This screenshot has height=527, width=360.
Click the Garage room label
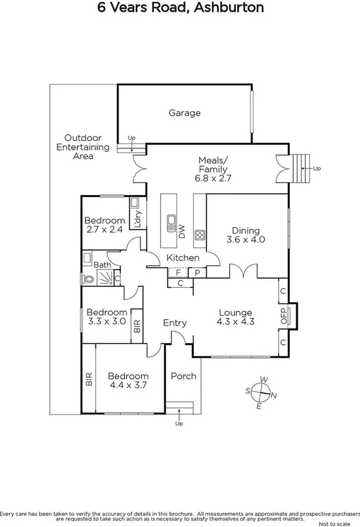click(185, 113)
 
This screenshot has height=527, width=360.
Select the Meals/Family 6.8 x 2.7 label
click(213, 169)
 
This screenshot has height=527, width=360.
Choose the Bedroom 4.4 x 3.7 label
click(128, 381)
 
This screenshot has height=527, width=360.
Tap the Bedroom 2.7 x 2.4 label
click(104, 225)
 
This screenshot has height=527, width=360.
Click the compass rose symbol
click(261, 390)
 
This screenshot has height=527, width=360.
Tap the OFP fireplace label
click(283, 316)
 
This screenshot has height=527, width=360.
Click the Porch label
click(184, 376)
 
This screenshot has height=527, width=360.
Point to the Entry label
click(175, 323)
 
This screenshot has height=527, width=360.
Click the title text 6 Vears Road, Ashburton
click(180, 8)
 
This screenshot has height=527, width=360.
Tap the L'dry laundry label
click(137, 219)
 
